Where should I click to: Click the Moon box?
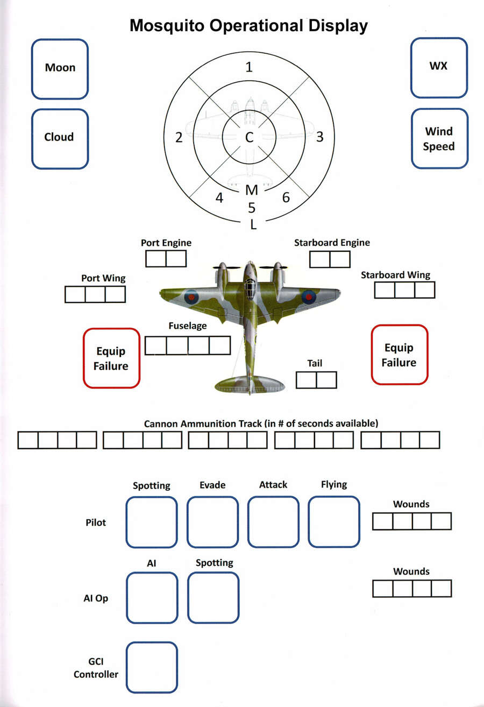[60, 68]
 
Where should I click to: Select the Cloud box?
[60, 138]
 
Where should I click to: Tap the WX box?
[439, 67]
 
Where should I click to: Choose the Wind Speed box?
[439, 138]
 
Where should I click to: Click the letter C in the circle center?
[249, 138]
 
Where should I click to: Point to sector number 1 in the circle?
[248, 67]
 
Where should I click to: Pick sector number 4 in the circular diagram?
[219, 198]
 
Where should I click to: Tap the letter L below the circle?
[253, 225]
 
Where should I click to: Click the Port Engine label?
[166, 243]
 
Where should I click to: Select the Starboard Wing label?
[395, 275]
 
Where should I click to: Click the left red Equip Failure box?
[111, 358]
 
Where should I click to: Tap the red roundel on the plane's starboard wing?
[308, 296]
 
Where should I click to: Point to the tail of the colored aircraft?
[250, 383]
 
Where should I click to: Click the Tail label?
[315, 363]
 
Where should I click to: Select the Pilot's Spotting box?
[151, 522]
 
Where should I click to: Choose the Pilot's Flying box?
[334, 522]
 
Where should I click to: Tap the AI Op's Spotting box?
[213, 597]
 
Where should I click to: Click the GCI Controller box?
[151, 667]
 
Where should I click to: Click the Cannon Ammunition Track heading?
[261, 423]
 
